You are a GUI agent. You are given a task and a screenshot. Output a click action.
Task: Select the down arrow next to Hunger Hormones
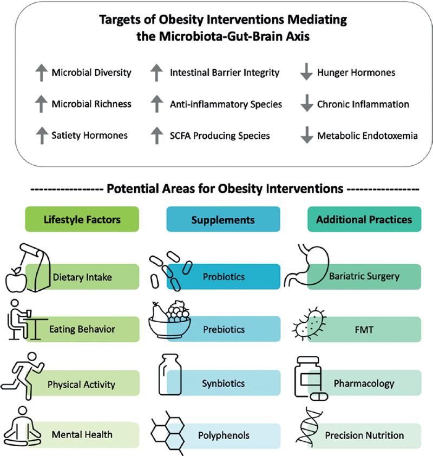pyautogui.click(x=306, y=73)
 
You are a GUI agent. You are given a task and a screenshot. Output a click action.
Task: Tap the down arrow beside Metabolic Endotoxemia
pyautogui.click(x=306, y=136)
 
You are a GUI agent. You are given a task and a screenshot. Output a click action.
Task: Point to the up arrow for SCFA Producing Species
pyautogui.click(x=156, y=136)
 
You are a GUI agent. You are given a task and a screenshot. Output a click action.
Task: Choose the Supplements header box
pyautogui.click(x=224, y=220)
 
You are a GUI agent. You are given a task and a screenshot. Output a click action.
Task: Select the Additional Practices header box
pyautogui.click(x=364, y=220)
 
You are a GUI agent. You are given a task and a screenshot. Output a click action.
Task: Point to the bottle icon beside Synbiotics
pyautogui.click(x=169, y=376)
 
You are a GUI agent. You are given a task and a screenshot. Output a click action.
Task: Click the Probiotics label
pyautogui.click(x=224, y=276)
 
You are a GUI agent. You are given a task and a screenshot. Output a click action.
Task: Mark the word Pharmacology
pyautogui.click(x=364, y=383)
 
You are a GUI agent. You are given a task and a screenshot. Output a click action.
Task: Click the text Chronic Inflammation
pyautogui.click(x=363, y=104)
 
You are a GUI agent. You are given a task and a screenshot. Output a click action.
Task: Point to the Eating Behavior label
pyautogui.click(x=82, y=329)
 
